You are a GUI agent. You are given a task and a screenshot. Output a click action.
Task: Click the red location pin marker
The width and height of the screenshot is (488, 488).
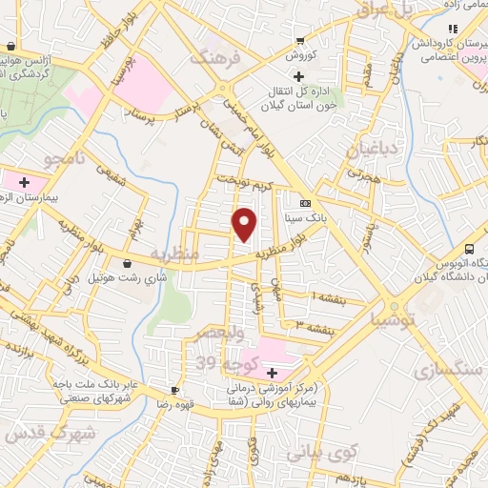(245, 225)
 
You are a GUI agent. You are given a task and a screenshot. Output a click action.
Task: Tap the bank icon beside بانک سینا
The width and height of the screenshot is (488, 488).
(305, 203)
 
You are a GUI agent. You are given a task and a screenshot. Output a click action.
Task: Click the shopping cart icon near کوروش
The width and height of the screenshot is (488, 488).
(300, 40)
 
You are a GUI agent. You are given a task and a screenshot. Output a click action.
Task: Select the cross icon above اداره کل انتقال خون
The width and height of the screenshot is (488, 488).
(298, 76)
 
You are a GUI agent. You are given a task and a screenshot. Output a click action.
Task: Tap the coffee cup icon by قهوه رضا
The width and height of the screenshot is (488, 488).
(174, 391)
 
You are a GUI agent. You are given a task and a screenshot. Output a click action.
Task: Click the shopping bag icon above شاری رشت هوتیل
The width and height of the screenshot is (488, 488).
(127, 263)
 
